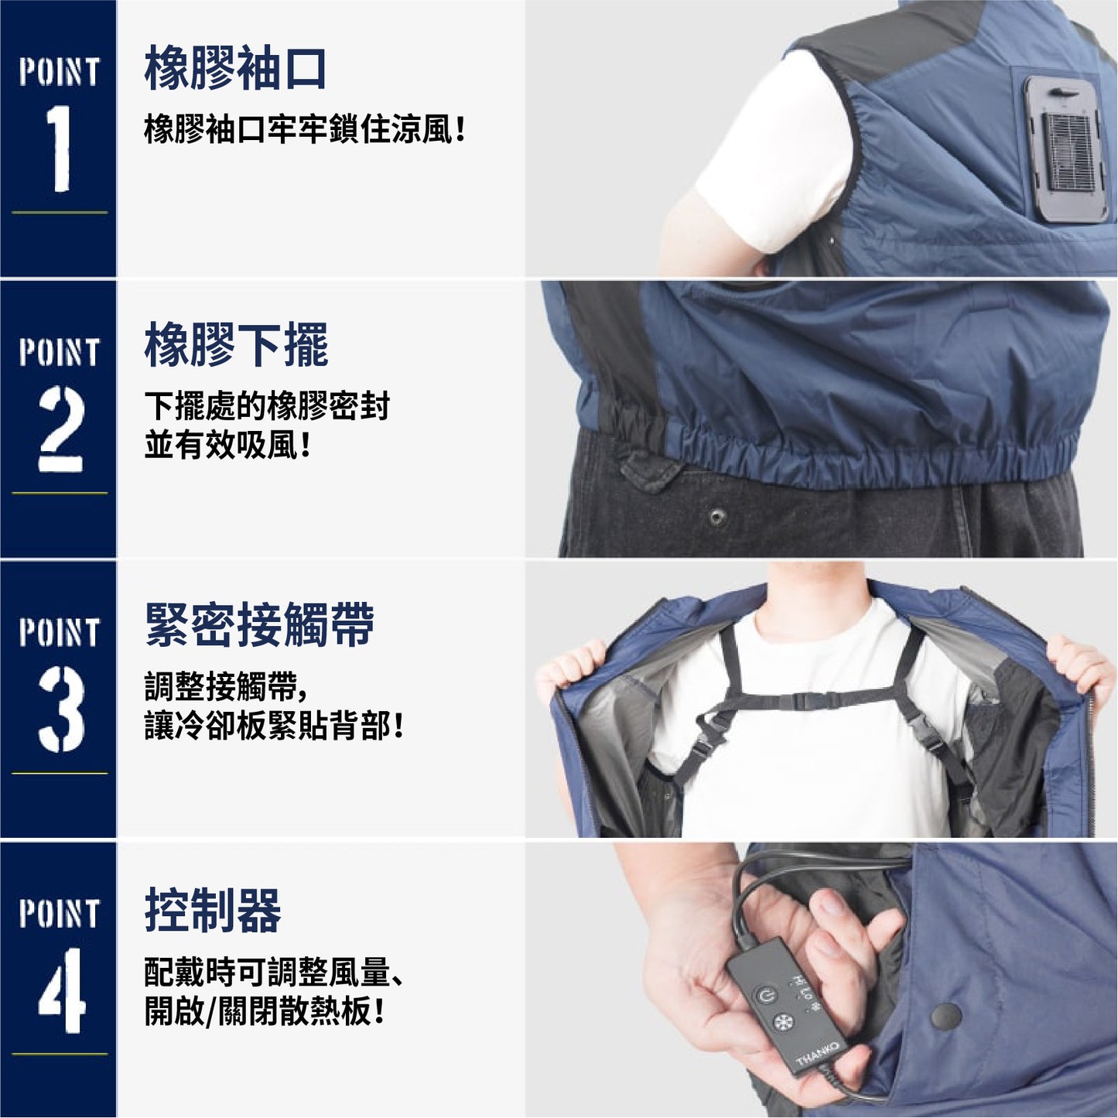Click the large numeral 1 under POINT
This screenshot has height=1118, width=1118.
(x=59, y=149)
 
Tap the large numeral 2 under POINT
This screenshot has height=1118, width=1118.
(x=61, y=429)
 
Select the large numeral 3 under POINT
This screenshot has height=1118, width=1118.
(x=61, y=709)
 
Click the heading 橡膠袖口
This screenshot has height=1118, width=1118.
(x=234, y=67)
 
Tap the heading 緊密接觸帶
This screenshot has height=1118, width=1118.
(x=259, y=625)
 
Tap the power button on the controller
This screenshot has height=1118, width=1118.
(x=766, y=997)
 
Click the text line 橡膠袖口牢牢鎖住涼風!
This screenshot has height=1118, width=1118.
(x=305, y=128)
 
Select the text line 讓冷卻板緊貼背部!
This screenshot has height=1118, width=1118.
(x=273, y=726)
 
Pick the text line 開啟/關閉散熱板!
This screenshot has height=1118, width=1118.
(x=264, y=1011)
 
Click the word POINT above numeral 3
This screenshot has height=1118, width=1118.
(x=59, y=632)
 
